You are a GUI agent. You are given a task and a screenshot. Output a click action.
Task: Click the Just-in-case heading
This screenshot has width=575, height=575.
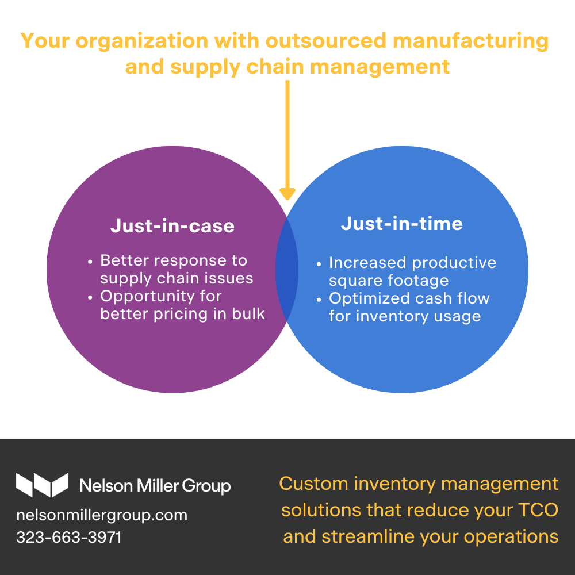click(x=172, y=226)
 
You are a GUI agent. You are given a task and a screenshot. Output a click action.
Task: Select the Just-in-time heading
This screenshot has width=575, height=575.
click(x=402, y=224)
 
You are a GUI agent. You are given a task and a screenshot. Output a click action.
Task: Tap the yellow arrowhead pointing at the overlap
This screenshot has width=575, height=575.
click(x=287, y=194)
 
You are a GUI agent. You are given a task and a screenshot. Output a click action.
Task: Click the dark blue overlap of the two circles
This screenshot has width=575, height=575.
click(x=287, y=269)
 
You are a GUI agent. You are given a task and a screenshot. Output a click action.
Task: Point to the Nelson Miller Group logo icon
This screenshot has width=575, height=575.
click(x=42, y=485)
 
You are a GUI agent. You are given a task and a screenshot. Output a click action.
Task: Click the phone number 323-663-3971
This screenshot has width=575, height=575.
click(x=69, y=537)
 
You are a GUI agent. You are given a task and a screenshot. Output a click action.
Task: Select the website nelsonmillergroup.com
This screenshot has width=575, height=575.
click(x=102, y=516)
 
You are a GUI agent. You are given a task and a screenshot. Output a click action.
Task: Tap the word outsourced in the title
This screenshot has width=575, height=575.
click(x=326, y=40)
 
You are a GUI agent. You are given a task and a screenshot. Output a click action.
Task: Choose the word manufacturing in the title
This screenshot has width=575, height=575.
click(x=470, y=41)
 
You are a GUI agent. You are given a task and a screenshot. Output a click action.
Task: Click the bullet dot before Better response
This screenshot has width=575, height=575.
click(x=90, y=262)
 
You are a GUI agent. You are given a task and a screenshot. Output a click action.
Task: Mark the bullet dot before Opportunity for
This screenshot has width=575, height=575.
click(x=90, y=297)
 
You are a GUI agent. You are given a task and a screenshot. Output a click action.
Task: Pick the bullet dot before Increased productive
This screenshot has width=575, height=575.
click(x=319, y=264)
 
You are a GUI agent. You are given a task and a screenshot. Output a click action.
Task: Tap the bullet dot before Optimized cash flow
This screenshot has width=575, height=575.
click(x=319, y=300)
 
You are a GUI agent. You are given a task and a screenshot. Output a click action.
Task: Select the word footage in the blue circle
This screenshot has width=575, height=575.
click(x=419, y=281)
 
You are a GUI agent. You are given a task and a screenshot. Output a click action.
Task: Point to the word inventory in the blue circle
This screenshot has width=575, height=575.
click(x=392, y=316)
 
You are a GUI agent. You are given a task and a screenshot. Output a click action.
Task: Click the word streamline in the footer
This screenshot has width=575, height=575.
click(x=368, y=536)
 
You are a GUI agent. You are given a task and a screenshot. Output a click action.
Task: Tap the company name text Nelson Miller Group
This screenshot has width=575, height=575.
click(x=155, y=486)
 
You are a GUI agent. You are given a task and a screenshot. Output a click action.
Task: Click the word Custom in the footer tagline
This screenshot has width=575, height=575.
click(x=313, y=484)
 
